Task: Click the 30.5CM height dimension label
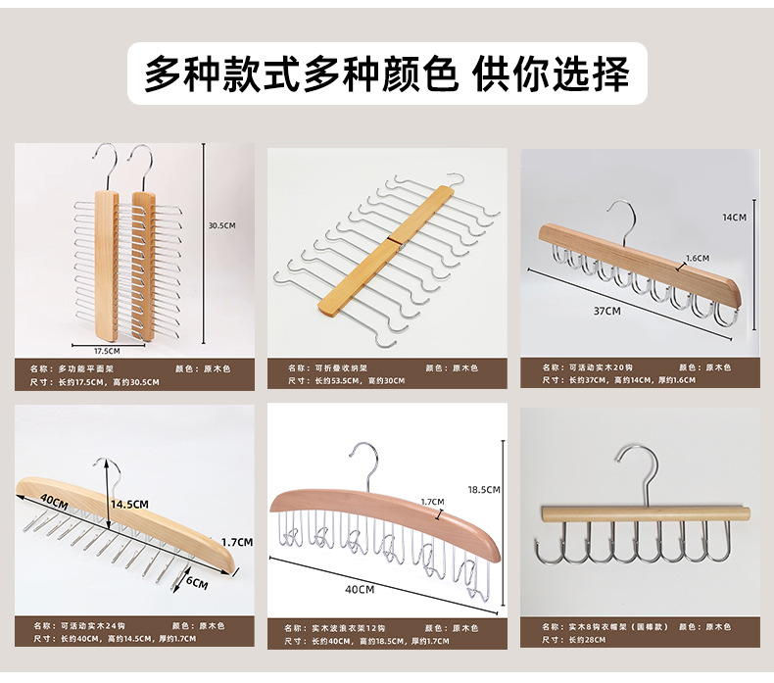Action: tap(222, 225)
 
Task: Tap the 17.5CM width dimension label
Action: tap(107, 349)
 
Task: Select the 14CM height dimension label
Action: tap(735, 217)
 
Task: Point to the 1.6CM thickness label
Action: tap(698, 259)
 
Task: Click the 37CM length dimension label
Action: tap(607, 312)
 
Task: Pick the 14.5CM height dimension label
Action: tap(129, 504)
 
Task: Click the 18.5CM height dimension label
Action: tap(485, 489)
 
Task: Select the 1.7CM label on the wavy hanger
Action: tap(432, 501)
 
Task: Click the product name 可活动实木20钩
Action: tap(599, 367)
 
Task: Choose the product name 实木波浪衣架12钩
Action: tap(349, 628)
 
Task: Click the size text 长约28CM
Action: tap(588, 640)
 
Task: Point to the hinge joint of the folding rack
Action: tap(389, 238)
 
